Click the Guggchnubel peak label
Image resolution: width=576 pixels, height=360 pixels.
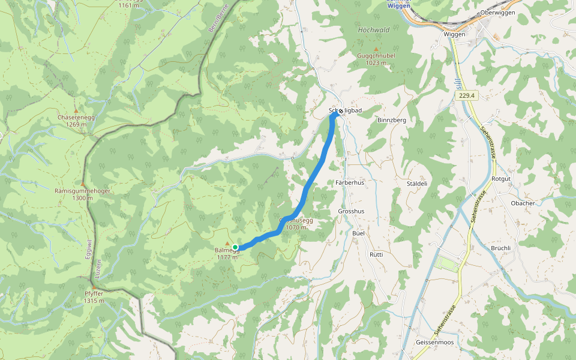tap(376, 56)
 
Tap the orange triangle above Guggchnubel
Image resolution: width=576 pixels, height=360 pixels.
tap(376, 49)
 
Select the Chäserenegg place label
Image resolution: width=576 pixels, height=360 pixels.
tap(76, 117)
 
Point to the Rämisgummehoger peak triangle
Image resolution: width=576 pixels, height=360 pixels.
tap(83, 184)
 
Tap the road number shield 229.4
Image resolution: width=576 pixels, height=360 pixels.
tap(466, 95)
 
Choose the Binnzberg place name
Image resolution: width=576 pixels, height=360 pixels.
tap(392, 120)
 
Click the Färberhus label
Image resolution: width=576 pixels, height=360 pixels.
tap(350, 182)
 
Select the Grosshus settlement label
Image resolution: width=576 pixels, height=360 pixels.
tap(351, 211)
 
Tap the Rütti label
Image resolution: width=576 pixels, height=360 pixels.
tap(376, 254)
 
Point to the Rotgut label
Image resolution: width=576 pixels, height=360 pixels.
tap(501, 179)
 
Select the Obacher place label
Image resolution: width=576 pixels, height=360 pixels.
tap(523, 203)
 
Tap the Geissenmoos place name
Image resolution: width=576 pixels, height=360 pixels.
tap(434, 342)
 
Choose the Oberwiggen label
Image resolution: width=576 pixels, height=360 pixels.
tap(498, 13)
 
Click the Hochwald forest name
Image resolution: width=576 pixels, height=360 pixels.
tap(374, 30)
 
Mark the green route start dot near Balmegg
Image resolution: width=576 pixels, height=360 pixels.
tap(236, 247)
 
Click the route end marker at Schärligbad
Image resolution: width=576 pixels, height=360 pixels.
tap(341, 111)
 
